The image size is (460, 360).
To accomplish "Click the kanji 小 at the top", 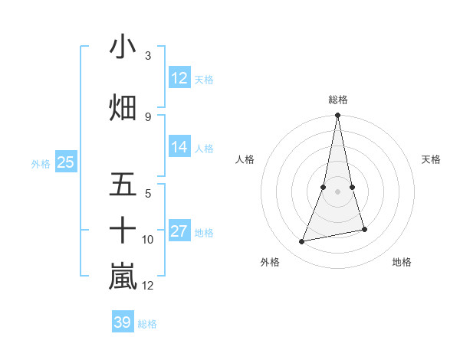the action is tap(123, 47).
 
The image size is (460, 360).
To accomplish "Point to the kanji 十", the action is tap(123, 229).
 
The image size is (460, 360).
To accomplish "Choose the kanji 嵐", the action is tap(123, 277).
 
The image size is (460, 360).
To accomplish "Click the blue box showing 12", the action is tap(179, 78).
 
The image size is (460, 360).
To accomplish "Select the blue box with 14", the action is tap(179, 147).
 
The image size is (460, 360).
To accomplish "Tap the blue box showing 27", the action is tap(179, 231).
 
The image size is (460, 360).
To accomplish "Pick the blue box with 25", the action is tap(66, 162).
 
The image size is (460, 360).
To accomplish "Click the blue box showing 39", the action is tap(123, 322).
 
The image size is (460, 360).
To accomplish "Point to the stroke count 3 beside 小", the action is tap(148, 56).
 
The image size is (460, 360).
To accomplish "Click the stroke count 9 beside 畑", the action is tap(148, 116).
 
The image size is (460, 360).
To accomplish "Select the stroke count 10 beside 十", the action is tap(148, 240).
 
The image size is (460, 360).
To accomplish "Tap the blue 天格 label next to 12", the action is tap(204, 79).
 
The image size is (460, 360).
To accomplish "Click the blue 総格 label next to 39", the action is tap(147, 324).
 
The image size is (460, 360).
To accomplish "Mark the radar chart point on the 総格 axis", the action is tap(337, 116).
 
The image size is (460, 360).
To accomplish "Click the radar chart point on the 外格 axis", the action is tap(302, 242).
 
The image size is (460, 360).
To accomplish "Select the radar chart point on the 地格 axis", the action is tap(364, 229).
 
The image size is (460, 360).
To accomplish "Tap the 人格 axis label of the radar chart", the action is tap(245, 159).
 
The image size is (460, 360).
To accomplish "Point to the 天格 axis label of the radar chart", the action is tap(432, 159).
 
